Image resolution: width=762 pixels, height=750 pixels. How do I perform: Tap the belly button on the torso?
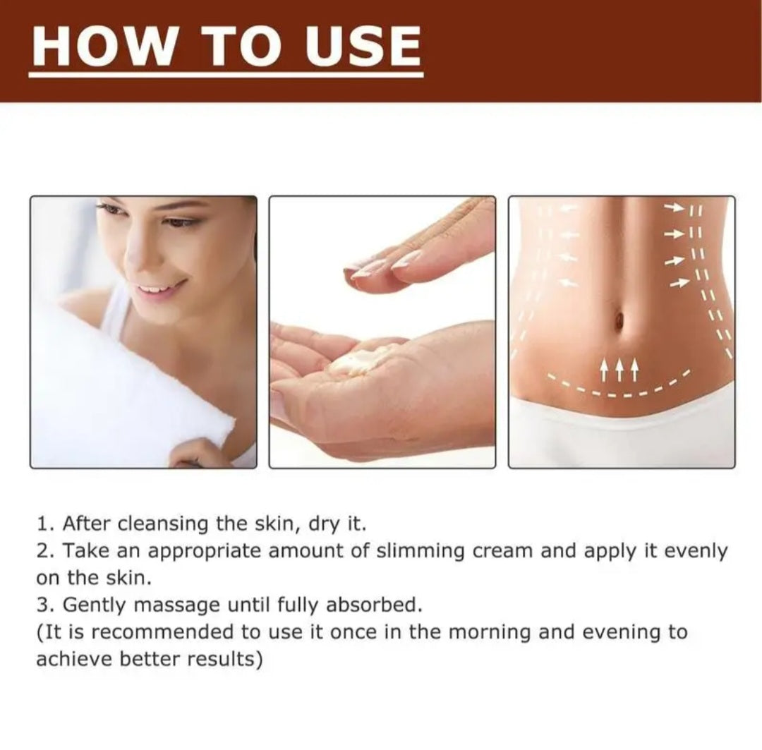click(x=619, y=318)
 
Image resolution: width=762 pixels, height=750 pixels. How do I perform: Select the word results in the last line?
click(x=225, y=659)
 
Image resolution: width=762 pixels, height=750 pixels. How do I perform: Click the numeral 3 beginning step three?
click(x=42, y=605)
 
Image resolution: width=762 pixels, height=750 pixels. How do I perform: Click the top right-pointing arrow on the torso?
click(x=675, y=208)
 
